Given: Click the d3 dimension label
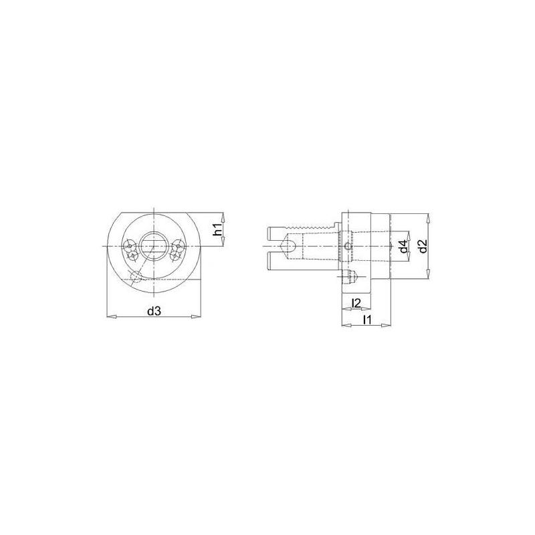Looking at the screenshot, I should click(153, 310).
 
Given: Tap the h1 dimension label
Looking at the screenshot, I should click(217, 229).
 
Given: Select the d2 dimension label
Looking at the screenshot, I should click(422, 245).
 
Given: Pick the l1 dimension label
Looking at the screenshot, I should click(366, 320).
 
